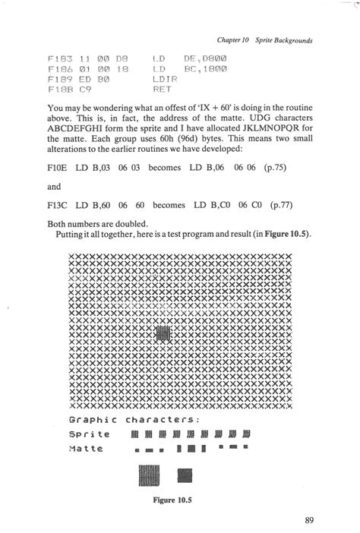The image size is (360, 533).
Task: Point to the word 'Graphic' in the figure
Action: pyautogui.click(x=92, y=420)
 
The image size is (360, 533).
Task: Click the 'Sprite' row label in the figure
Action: pyautogui.click(x=89, y=434)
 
